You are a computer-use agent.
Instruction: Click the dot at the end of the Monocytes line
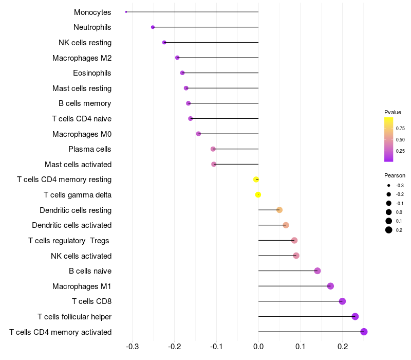[126, 12]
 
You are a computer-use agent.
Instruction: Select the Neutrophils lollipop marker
[153, 27]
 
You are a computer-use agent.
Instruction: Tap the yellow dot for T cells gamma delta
[258, 195]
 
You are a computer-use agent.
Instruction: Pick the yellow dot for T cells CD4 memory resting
[256, 179]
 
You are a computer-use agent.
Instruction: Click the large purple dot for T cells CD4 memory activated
[364, 332]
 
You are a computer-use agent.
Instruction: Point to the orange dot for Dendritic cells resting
[279, 210]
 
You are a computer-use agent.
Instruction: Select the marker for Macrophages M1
[330, 286]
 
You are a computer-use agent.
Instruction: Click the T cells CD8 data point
[342, 301]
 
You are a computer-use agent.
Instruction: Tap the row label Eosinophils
[92, 73]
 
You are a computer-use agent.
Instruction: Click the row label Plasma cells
[89, 149]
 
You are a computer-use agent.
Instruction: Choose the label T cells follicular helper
[74, 317]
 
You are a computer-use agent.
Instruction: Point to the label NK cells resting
[85, 43]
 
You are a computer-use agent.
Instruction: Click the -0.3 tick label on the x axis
[132, 347]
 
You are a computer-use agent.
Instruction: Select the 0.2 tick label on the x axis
[343, 347]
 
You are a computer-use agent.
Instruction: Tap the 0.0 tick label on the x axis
[258, 347]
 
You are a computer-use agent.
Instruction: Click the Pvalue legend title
[393, 112]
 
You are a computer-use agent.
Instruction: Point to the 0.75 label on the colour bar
[400, 128]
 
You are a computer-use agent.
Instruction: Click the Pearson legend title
[395, 175]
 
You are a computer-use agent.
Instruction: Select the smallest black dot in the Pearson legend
[389, 186]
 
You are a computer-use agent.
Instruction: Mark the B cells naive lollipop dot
[317, 271]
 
